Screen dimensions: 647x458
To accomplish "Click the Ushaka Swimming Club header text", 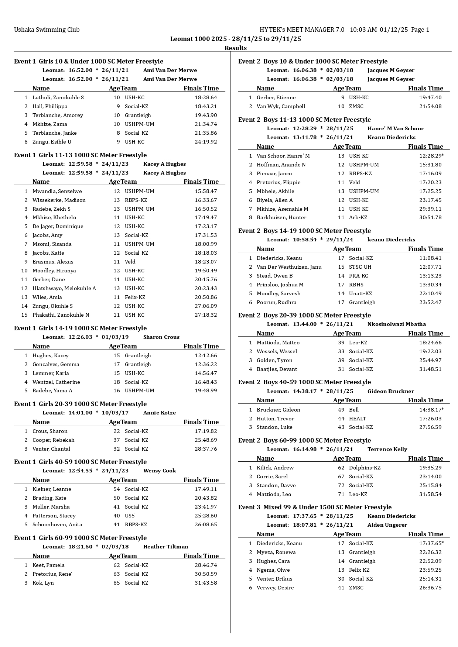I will pos(47,30).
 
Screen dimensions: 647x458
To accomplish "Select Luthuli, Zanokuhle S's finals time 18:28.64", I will pos(206,98).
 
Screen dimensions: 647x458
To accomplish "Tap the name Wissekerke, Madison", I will pos(59,200).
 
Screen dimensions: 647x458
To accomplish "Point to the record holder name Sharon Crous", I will pos(161,337).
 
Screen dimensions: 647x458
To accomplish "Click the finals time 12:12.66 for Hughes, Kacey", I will pos(206,355).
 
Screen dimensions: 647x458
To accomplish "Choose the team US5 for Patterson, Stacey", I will pos(130,516).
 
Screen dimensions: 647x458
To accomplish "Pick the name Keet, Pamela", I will pos(48,565).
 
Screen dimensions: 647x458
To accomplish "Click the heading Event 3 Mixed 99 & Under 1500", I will pos(315,507).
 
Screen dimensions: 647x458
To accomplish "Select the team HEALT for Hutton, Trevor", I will pos(358,419).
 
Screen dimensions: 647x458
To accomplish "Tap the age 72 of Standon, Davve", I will pos(341,485).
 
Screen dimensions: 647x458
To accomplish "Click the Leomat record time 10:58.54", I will pos(305,240).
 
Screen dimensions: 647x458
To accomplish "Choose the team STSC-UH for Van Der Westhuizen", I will pos(360,267).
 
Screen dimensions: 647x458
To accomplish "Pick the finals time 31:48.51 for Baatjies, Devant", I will pos(430,369).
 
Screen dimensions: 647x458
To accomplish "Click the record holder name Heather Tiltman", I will pos(165,547).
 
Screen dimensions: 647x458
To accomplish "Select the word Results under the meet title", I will pos(236,48).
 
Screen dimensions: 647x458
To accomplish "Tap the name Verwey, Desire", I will pos(275,588).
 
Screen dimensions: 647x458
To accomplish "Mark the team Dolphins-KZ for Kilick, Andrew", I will pos(365,468).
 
